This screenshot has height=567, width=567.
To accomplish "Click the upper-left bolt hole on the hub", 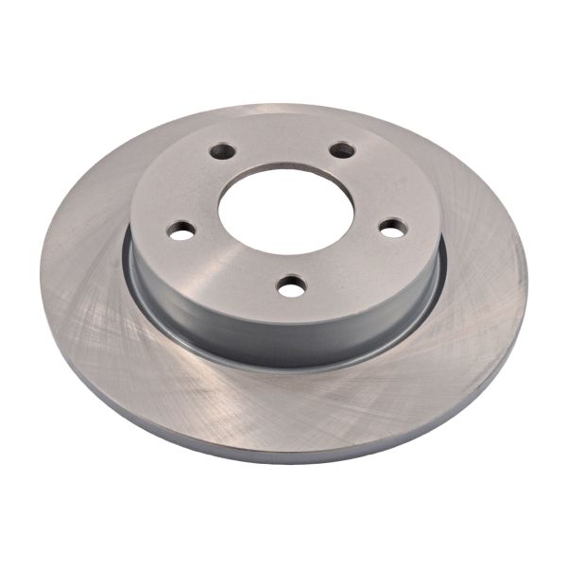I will [223, 151].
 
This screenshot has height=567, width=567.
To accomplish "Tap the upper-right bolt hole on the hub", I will [342, 150].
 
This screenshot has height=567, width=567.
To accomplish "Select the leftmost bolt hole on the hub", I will [180, 230].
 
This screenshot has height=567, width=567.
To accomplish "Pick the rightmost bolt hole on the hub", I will [393, 228].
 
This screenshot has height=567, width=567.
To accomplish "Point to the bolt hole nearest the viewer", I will [292, 284].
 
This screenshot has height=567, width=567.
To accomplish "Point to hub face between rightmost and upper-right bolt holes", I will [378, 184].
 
